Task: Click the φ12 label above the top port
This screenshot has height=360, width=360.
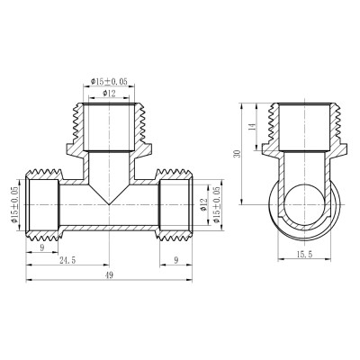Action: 110,94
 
